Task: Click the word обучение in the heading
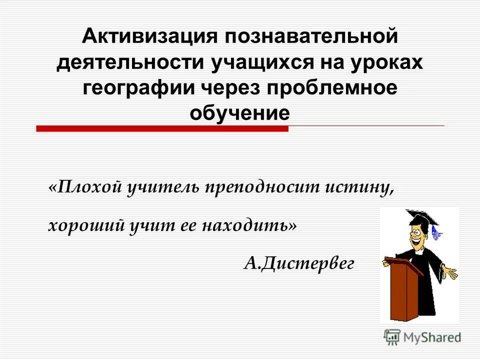(x=239, y=113)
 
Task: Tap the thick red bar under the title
(x=162, y=128)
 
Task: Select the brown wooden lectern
(x=399, y=290)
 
